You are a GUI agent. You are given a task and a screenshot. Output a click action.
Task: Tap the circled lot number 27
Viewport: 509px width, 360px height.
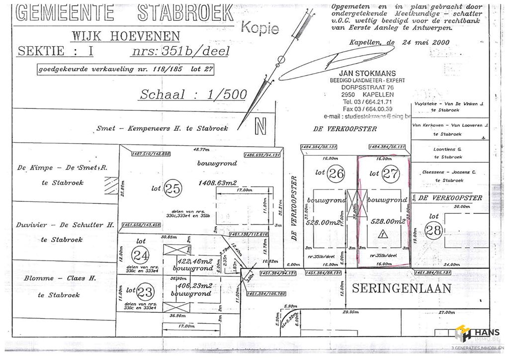[x=391, y=174]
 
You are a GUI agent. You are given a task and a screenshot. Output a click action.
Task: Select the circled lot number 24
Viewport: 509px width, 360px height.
[x=141, y=256]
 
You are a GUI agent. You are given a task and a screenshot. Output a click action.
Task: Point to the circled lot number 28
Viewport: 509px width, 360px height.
[x=434, y=230]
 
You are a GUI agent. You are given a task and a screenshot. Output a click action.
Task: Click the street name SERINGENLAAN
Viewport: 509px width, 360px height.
[x=402, y=288]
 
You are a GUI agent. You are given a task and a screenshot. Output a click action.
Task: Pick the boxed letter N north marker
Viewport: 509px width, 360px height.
[x=260, y=126]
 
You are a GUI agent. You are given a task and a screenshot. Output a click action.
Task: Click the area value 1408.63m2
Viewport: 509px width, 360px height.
[x=218, y=182]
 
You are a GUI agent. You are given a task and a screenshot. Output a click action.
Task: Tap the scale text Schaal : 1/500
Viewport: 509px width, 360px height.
[x=193, y=94]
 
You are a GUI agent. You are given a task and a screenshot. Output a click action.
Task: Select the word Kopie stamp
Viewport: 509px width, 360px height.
[x=260, y=27]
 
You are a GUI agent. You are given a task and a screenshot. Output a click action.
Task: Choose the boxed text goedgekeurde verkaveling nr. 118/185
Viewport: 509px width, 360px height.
[x=126, y=70]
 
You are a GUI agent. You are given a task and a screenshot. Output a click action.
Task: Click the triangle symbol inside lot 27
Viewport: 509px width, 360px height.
[x=382, y=234]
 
